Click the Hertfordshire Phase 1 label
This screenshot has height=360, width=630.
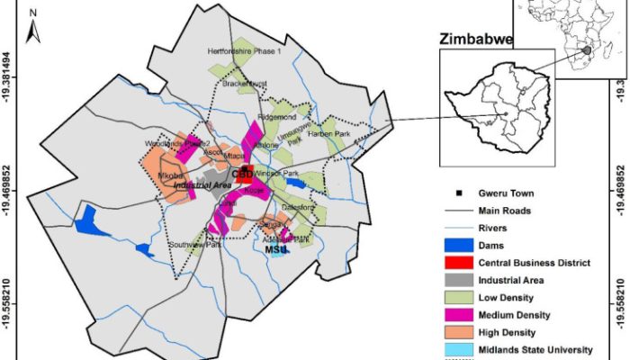pos(245,52)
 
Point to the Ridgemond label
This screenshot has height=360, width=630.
pos(276,117)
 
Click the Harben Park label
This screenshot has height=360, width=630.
pos(328,135)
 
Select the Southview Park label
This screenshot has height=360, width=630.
pos(199,244)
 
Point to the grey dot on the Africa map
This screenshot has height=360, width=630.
pos(587,51)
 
